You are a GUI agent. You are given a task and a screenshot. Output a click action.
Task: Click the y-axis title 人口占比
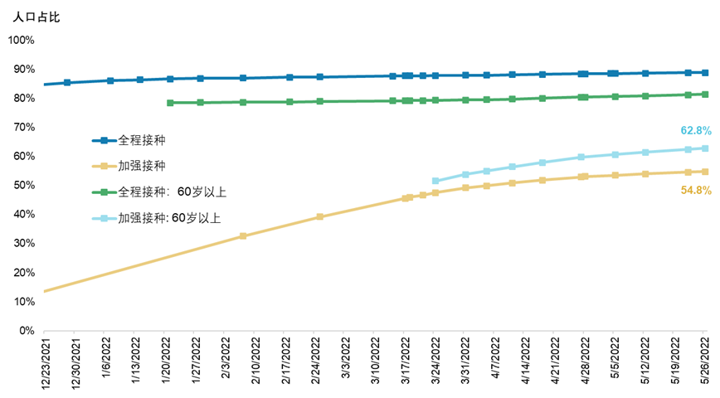[36, 16]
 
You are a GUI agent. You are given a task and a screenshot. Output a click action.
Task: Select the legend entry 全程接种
[136, 140]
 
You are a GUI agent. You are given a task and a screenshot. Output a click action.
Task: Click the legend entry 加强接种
[136, 166]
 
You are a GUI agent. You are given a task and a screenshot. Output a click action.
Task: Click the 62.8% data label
[695, 130]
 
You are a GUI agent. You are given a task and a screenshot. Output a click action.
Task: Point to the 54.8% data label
[695, 190]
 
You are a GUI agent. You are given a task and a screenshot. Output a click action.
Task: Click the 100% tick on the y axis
[21, 40]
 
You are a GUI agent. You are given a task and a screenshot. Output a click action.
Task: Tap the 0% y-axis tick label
[26, 330]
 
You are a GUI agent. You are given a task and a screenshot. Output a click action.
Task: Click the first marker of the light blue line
[435, 181]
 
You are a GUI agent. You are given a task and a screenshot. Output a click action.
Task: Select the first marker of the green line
[170, 103]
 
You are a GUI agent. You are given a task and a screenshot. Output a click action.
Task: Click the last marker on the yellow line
[705, 172]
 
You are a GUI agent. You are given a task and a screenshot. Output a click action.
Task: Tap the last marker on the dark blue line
[705, 73]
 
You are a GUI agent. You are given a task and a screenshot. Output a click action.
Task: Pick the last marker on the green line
[705, 95]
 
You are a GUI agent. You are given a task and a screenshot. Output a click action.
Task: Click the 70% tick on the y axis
[23, 127]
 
